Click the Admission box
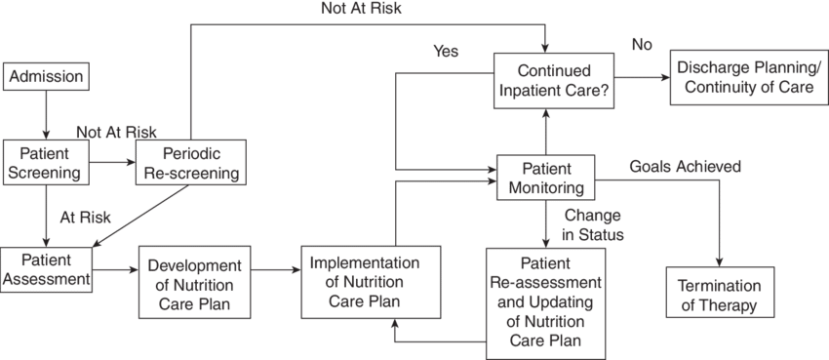click(x=46, y=77)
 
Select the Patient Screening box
click(x=46, y=162)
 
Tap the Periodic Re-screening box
click(x=191, y=162)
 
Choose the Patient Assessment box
click(x=46, y=269)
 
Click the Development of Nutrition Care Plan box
click(x=194, y=282)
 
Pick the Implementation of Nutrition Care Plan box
click(x=372, y=282)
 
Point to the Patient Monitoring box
click(x=546, y=178)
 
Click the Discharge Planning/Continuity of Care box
click(x=748, y=77)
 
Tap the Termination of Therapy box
click(x=720, y=293)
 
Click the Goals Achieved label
click(x=685, y=167)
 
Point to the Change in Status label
click(x=594, y=224)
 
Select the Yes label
click(x=446, y=51)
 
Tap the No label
click(x=642, y=46)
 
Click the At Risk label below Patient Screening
click(x=86, y=217)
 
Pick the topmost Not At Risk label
click(x=362, y=9)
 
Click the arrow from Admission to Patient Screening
click(x=46, y=115)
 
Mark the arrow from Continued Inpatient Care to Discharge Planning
click(x=643, y=77)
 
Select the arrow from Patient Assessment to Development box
click(x=115, y=270)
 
